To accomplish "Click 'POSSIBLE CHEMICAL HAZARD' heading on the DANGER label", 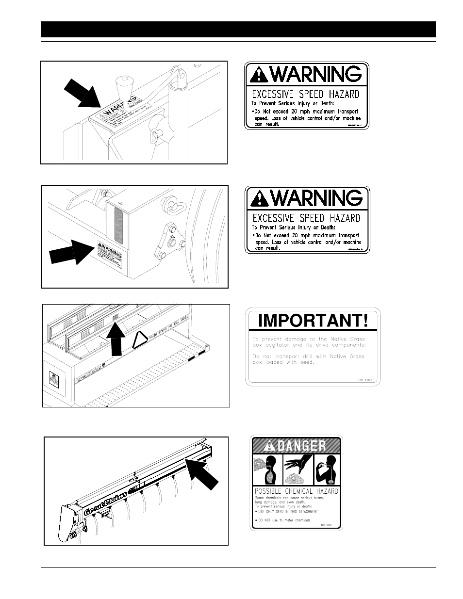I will point(297,491).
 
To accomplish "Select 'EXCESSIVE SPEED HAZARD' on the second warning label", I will point(306,218).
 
